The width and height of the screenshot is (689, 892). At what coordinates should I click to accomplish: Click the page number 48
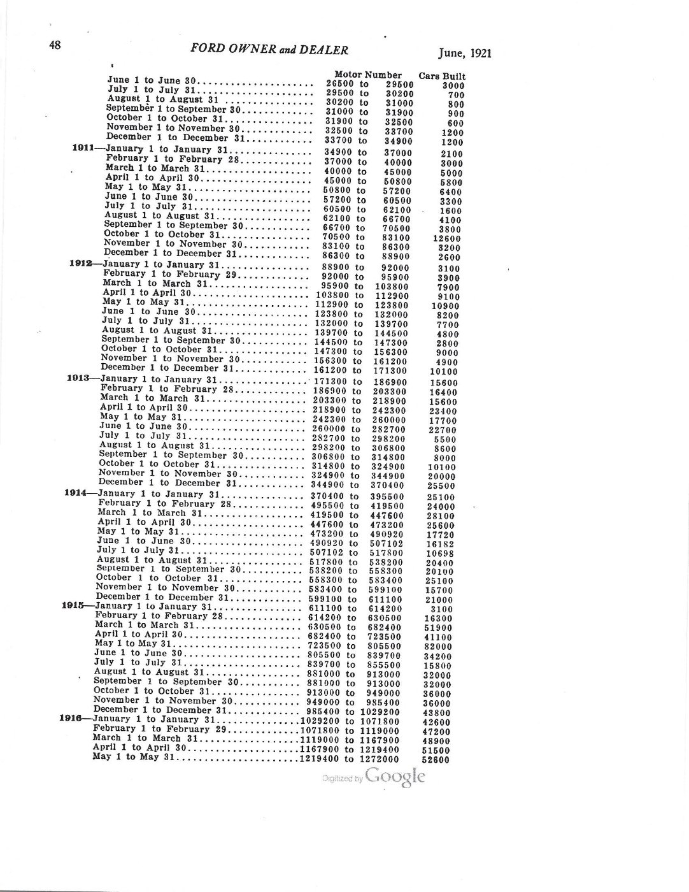pyautogui.click(x=55, y=45)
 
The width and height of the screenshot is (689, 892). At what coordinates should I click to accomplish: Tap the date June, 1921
pyautogui.click(x=464, y=54)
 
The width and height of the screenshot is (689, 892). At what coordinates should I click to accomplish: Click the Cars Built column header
pyautogui.click(x=442, y=76)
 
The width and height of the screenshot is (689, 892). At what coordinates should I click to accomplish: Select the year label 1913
pyautogui.click(x=79, y=378)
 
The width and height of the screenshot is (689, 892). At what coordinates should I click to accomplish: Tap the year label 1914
pyautogui.click(x=76, y=493)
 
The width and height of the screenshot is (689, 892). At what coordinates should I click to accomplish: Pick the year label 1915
pyautogui.click(x=73, y=605)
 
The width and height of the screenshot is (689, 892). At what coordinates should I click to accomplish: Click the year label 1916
pyautogui.click(x=71, y=718)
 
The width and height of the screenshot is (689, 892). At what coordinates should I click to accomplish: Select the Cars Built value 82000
pyautogui.click(x=438, y=647)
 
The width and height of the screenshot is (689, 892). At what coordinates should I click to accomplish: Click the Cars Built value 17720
pyautogui.click(x=441, y=536)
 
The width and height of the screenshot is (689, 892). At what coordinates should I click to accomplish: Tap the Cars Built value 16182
pyautogui.click(x=441, y=545)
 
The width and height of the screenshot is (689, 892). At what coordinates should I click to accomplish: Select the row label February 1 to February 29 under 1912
pyautogui.click(x=166, y=273)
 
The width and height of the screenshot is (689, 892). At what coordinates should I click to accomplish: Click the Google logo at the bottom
pyautogui.click(x=395, y=777)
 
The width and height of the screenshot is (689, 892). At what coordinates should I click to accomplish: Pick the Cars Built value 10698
pyautogui.click(x=440, y=554)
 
